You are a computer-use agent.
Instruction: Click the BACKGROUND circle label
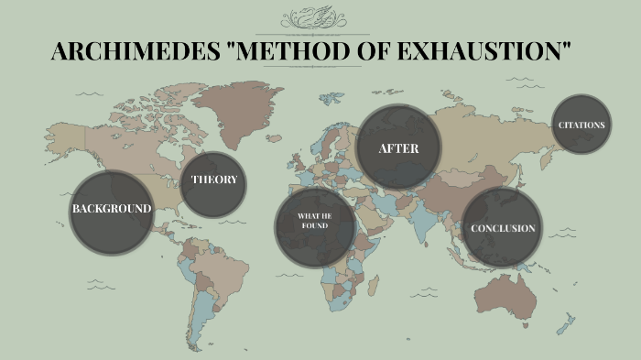pos(111,209)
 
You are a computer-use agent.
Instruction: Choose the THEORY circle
pos(213,180)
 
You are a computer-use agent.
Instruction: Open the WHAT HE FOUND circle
pos(314,221)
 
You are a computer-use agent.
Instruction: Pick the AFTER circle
pos(398,148)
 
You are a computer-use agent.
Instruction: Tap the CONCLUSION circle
pos(503,228)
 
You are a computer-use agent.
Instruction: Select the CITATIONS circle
pos(581,125)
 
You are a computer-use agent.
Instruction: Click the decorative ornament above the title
pos(320,18)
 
